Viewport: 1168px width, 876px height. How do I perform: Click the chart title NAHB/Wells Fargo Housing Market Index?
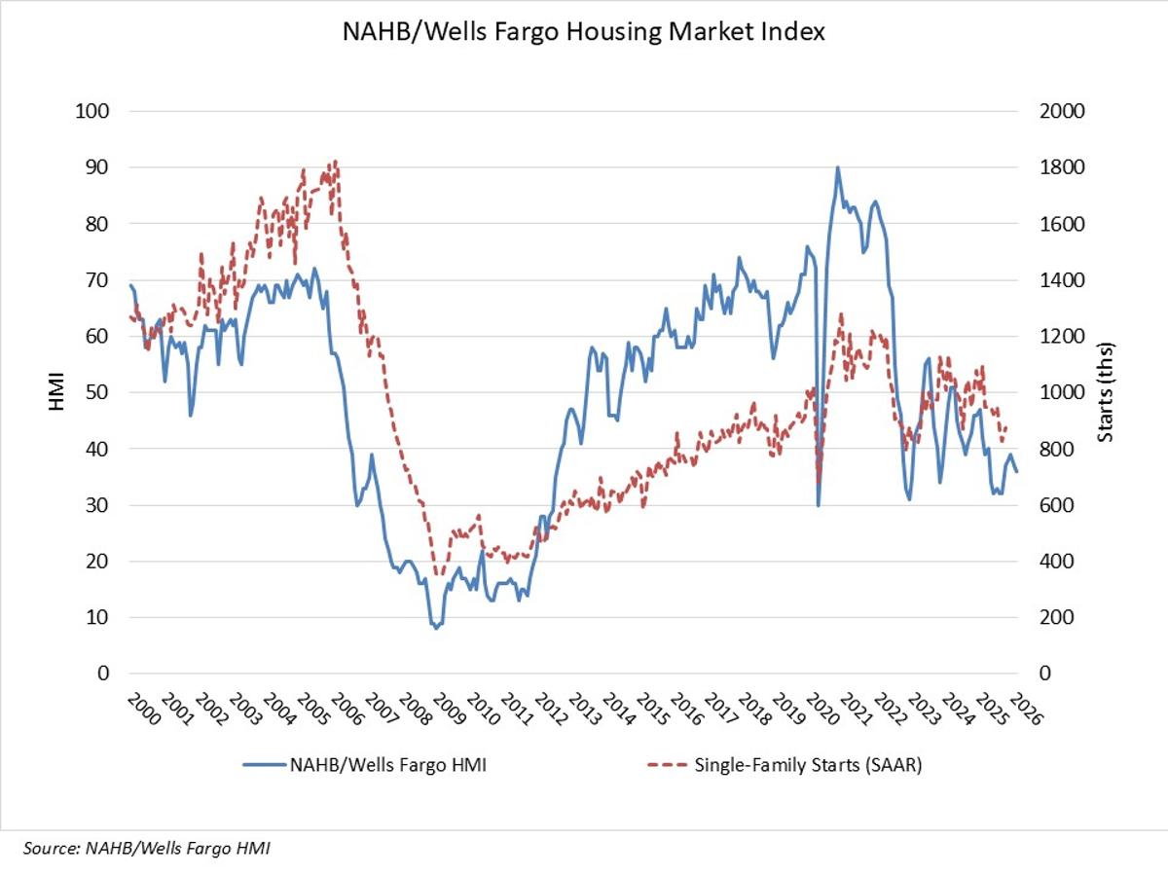click(x=584, y=32)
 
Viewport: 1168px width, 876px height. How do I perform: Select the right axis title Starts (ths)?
click(x=1105, y=392)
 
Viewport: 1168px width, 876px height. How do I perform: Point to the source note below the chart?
click(x=140, y=849)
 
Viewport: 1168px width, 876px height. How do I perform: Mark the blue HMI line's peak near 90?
click(x=837, y=167)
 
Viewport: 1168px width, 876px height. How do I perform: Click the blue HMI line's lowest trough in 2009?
click(x=436, y=628)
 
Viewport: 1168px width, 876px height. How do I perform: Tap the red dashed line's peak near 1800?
click(x=335, y=162)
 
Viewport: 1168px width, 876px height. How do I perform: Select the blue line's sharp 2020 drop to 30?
click(x=819, y=504)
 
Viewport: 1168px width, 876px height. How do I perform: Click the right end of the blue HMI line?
click(x=1017, y=471)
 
